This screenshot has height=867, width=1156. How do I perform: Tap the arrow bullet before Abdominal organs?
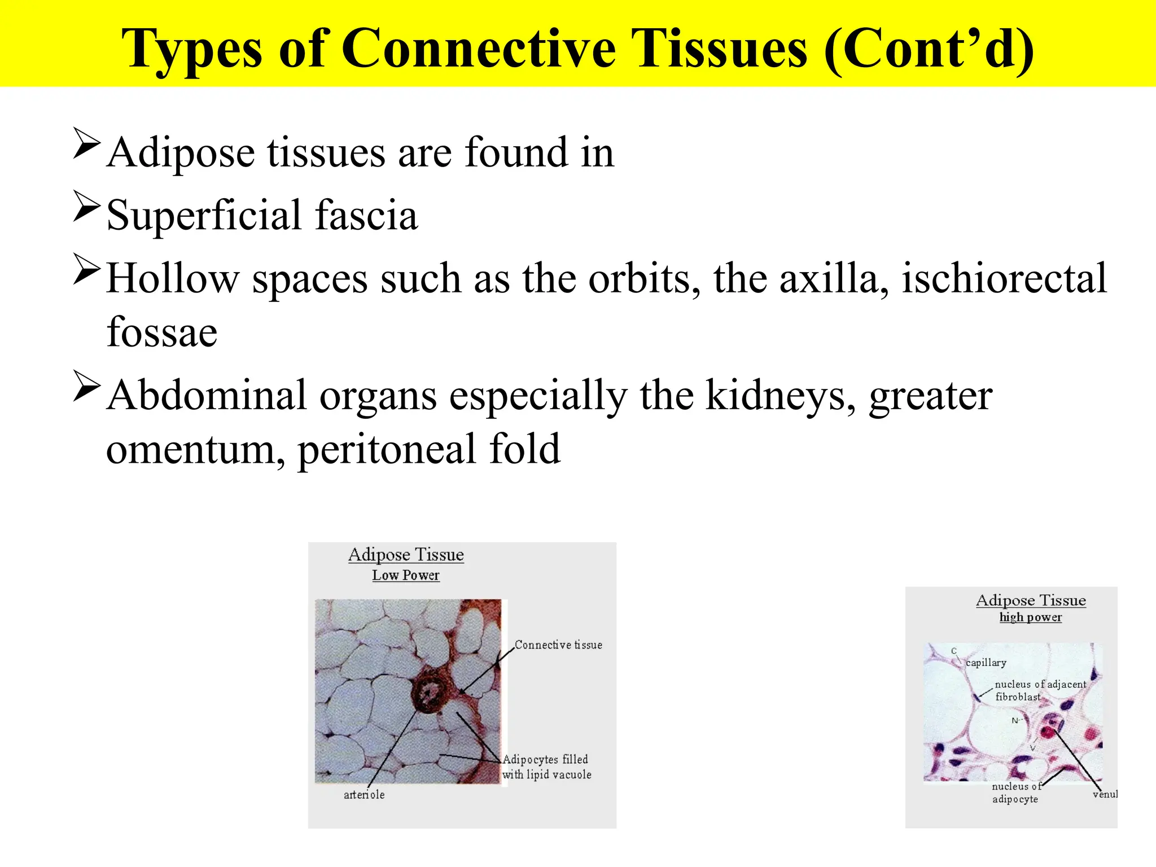87,386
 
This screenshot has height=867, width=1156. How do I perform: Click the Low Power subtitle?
405,575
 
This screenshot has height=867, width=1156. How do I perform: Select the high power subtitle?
1030,617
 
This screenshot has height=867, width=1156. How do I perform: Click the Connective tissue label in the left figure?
558,645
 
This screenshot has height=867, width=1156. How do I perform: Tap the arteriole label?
364,795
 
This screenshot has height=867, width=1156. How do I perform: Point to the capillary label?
986,663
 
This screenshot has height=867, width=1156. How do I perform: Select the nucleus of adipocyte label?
1015,792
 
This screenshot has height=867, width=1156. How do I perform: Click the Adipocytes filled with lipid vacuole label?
546,767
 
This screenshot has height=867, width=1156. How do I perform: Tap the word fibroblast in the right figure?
1018,697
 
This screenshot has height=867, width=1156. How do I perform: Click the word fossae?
162,332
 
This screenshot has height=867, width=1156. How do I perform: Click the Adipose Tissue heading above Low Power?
406,554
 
